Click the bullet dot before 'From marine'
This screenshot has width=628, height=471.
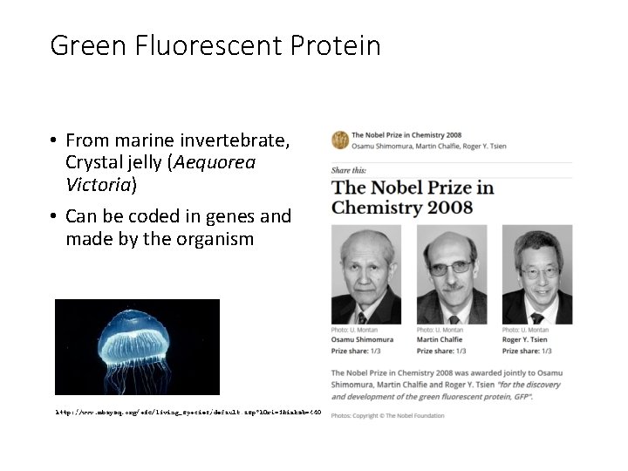pyautogui.click(x=54, y=140)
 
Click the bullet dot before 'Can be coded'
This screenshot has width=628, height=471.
pyautogui.click(x=54, y=216)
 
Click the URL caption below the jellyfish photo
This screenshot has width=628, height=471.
pyautogui.click(x=188, y=411)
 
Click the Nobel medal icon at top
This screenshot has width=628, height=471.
pyautogui.click(x=339, y=140)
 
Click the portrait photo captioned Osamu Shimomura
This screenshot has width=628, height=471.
pyautogui.click(x=365, y=275)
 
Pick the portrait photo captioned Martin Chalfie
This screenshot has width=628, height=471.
pyautogui.click(x=451, y=275)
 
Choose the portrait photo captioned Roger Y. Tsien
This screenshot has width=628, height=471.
pyautogui.click(x=537, y=275)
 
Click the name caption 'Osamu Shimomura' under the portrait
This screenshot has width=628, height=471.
pyautogui.click(x=362, y=339)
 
